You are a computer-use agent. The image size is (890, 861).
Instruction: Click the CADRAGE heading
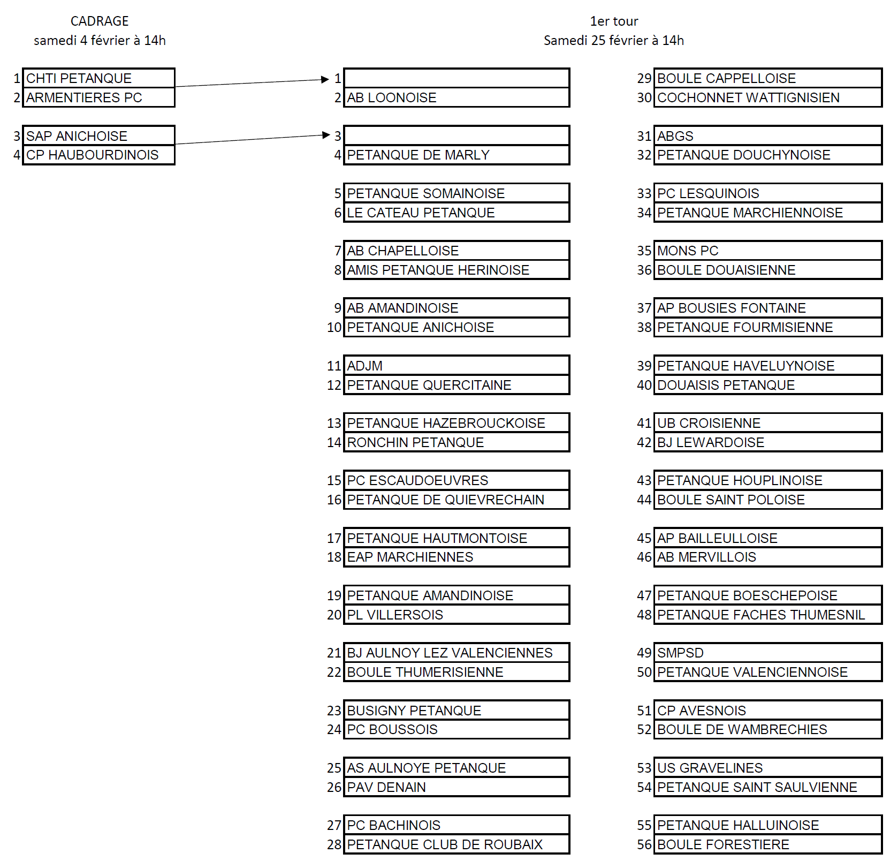pyautogui.click(x=100, y=21)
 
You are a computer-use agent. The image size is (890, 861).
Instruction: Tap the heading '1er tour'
pyautogui.click(x=614, y=21)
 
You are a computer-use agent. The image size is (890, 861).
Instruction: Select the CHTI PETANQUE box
pyautogui.click(x=99, y=78)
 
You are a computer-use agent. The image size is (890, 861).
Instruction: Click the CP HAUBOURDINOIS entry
pyautogui.click(x=99, y=155)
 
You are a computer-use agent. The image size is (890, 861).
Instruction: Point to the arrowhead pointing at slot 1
pyautogui.click(x=325, y=79)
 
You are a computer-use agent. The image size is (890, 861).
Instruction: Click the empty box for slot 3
pyautogui.click(x=456, y=135)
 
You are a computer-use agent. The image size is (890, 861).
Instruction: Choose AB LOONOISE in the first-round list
pyautogui.click(x=456, y=97)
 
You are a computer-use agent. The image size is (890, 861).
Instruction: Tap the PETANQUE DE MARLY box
pyautogui.click(x=456, y=155)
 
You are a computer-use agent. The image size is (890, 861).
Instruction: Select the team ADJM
pyautogui.click(x=456, y=366)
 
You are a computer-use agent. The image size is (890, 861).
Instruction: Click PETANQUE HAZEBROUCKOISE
pyautogui.click(x=456, y=423)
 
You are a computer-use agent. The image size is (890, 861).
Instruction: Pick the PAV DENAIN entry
pyautogui.click(x=456, y=787)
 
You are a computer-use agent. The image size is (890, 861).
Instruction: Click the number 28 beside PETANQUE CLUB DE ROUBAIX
pyautogui.click(x=334, y=844)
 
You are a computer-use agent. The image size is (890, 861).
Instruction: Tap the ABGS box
pyautogui.click(x=767, y=136)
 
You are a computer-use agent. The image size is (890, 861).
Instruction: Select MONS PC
pyautogui.click(x=767, y=251)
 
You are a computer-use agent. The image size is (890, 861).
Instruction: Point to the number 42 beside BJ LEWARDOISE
pyautogui.click(x=644, y=442)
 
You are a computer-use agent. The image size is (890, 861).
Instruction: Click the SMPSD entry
pyautogui.click(x=767, y=653)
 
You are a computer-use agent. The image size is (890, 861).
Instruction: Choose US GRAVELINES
pyautogui.click(x=767, y=768)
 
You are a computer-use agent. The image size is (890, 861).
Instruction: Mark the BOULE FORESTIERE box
pyautogui.click(x=767, y=844)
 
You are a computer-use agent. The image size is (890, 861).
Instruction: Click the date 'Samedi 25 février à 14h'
pyautogui.click(x=614, y=40)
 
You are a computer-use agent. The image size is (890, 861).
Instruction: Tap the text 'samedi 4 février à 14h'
pyautogui.click(x=100, y=40)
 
